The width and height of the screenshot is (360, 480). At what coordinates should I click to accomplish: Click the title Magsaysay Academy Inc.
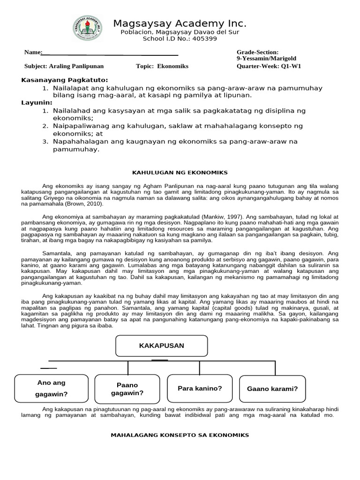[180, 24]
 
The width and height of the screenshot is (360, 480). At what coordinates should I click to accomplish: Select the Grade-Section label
[257, 52]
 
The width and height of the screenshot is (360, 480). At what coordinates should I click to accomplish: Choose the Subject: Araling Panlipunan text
[64, 66]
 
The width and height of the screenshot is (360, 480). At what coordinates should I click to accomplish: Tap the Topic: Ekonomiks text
[162, 66]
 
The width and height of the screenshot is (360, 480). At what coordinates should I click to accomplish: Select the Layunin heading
[37, 103]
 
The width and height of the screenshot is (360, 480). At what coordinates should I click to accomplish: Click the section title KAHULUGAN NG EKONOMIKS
[180, 172]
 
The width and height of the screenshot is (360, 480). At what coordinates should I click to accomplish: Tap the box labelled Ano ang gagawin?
[51, 389]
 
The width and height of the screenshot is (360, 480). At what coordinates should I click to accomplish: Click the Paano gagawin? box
[127, 389]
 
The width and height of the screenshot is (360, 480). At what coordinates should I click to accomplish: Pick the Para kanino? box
[200, 389]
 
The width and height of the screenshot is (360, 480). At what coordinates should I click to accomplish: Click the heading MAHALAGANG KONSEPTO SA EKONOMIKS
[180, 435]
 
